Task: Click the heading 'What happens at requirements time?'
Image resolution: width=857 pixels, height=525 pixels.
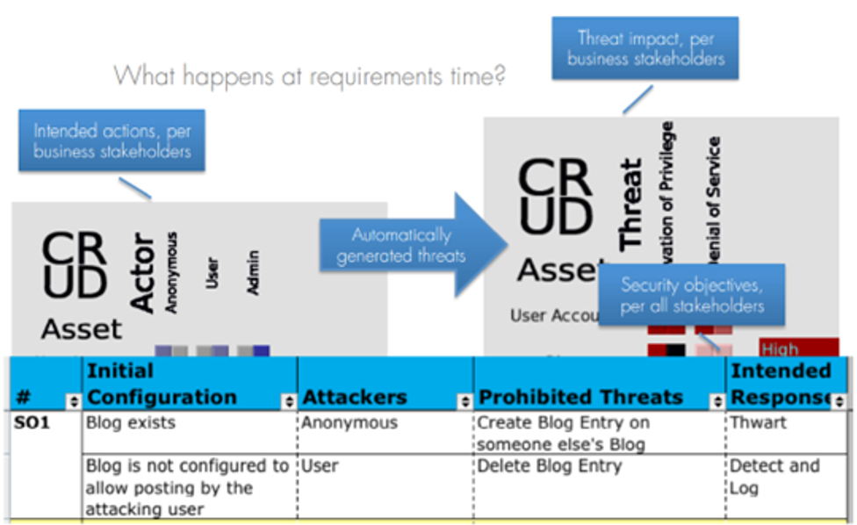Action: click(309, 76)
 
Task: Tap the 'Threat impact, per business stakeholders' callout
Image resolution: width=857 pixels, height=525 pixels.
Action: click(645, 48)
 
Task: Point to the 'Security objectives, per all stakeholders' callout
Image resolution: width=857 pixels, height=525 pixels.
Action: click(692, 296)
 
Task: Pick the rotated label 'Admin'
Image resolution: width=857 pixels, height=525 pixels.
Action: click(254, 272)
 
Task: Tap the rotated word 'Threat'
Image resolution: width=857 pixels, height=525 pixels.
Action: click(631, 204)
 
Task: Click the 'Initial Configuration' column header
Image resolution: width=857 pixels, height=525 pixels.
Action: click(162, 384)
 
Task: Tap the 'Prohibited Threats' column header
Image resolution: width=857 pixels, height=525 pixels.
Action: click(580, 397)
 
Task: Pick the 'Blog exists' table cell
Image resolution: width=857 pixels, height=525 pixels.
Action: click(131, 422)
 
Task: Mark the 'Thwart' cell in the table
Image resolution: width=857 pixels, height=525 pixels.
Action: click(758, 422)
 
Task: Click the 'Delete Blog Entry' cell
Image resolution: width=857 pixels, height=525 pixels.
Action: click(549, 465)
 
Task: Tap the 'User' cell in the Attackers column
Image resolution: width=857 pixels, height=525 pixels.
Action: click(320, 465)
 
